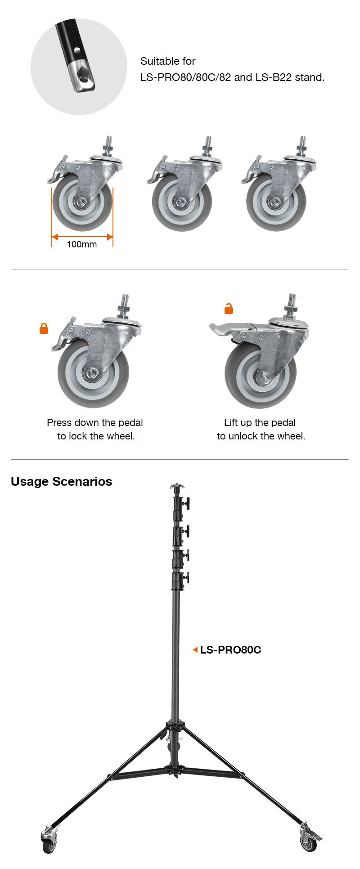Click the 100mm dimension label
(81, 244)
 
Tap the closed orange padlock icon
(44, 329)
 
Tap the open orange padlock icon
(229, 309)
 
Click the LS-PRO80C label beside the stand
(230, 650)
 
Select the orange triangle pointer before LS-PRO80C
(195, 650)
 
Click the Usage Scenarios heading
(61, 481)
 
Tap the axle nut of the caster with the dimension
(81, 203)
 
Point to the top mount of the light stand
(177, 487)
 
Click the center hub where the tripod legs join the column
(175, 726)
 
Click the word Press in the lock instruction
(59, 423)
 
